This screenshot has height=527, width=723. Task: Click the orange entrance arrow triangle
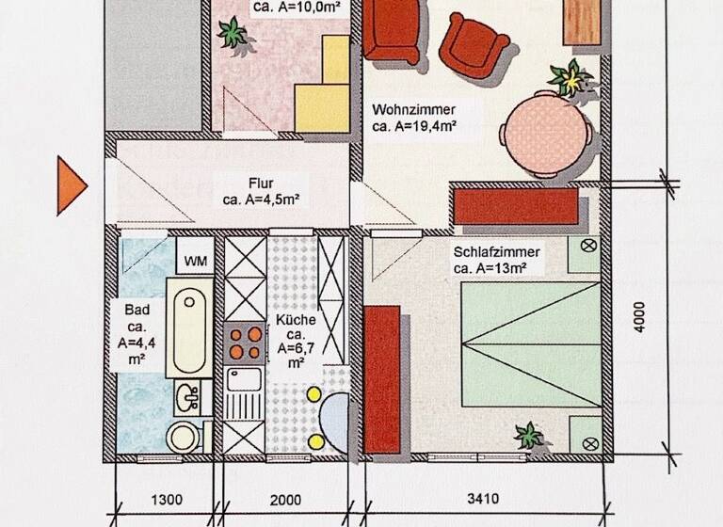(x=71, y=184)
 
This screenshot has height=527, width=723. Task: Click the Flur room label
(x=261, y=191)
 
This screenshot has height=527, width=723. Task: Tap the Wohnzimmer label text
(x=414, y=116)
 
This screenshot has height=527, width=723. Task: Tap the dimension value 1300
(x=166, y=499)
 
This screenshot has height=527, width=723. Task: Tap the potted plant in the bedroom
(x=528, y=436)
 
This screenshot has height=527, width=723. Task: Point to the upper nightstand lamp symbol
(x=591, y=248)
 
